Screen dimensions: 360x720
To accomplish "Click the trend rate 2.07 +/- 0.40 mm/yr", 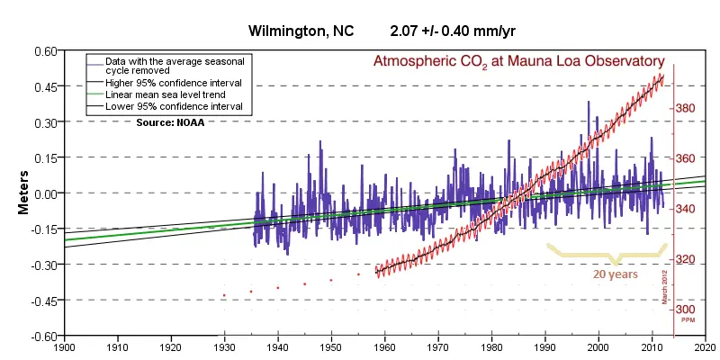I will (x=453, y=31).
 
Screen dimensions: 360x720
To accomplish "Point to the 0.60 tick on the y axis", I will (x=44, y=50).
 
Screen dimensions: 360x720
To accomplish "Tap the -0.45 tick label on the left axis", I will (x=42, y=301).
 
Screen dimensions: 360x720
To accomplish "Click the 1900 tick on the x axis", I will (x=64, y=346).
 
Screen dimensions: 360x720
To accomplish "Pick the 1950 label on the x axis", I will (x=331, y=346).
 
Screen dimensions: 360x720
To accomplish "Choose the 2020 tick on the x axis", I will (x=706, y=346).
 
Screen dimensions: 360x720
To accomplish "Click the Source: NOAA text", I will (x=170, y=121).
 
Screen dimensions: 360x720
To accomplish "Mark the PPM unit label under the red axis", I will (x=686, y=320).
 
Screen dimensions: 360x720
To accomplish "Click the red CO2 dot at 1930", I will (x=224, y=295).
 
